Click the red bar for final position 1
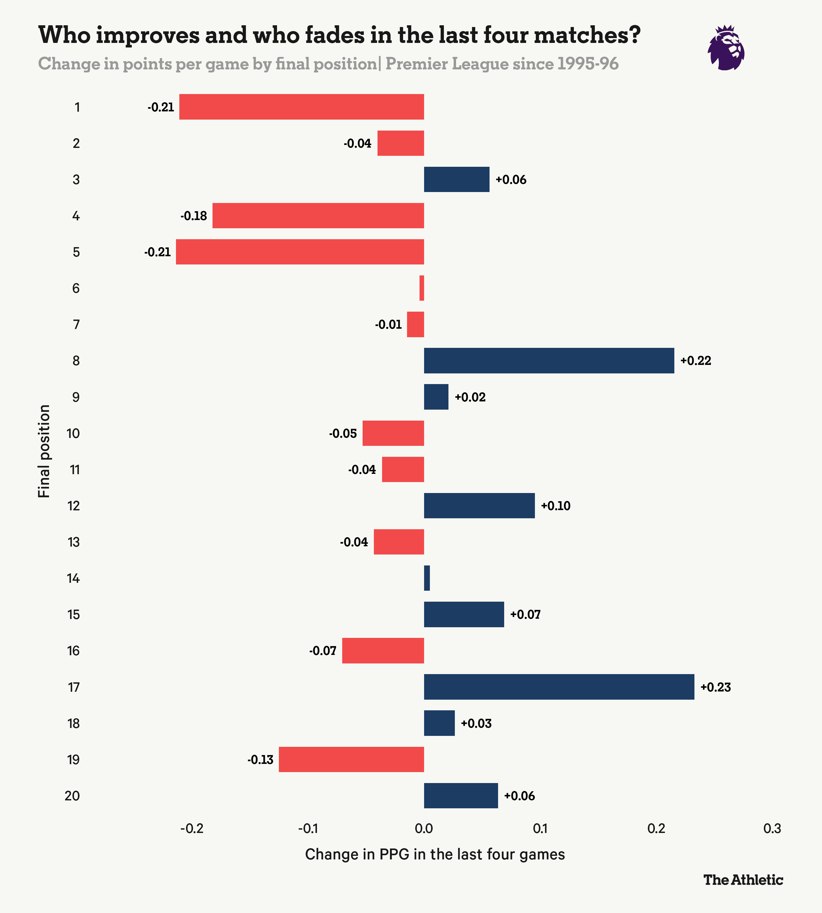click(x=301, y=107)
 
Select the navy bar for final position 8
click(x=549, y=361)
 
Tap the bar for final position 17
click(x=559, y=687)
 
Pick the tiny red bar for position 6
click(x=422, y=288)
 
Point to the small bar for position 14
click(x=427, y=578)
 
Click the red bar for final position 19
click(x=351, y=760)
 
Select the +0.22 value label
click(x=696, y=361)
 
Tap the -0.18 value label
click(x=194, y=216)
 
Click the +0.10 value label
click(x=556, y=506)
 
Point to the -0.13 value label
click(x=260, y=760)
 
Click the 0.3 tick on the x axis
click(x=772, y=829)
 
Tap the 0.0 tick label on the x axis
click(x=424, y=829)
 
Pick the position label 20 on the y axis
click(x=72, y=796)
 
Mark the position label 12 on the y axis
click(x=74, y=506)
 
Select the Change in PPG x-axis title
click(x=435, y=854)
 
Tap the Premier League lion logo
click(x=726, y=48)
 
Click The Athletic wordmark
click(x=743, y=880)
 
